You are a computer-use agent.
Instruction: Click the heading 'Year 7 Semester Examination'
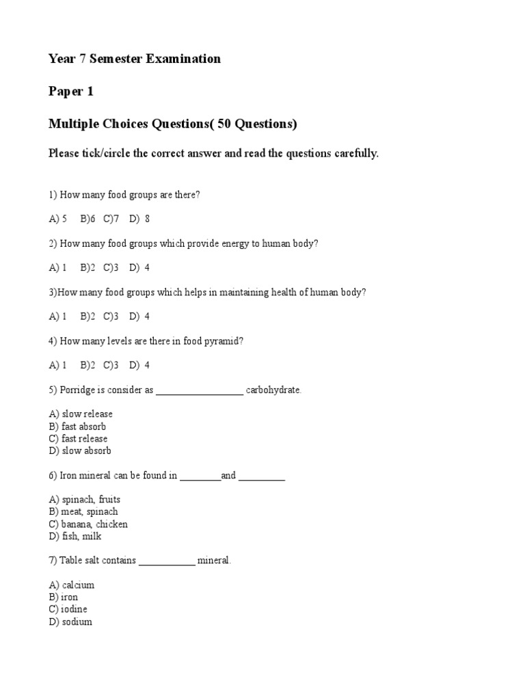tap(135, 59)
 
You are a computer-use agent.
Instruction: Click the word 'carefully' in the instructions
tap(355, 153)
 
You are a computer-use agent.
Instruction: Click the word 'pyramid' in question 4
tap(223, 341)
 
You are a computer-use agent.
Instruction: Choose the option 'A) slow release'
tap(81, 414)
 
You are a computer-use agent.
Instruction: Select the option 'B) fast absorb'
tap(77, 427)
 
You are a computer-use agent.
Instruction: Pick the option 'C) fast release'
tap(78, 439)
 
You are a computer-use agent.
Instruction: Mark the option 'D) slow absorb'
tap(80, 451)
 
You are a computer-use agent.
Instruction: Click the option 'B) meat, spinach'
tap(83, 512)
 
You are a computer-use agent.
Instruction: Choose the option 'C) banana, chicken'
tap(88, 524)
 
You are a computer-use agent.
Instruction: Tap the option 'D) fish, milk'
tap(75, 537)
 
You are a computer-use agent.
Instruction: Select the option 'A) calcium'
tap(72, 585)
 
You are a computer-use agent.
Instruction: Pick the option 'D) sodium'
tap(70, 622)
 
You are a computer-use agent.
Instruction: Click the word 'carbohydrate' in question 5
tap(273, 390)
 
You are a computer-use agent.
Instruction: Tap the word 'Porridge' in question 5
tap(78, 390)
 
